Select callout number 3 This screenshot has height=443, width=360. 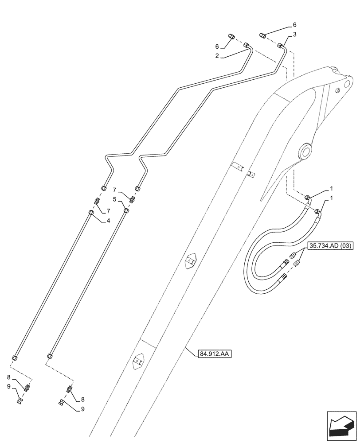click(x=294, y=34)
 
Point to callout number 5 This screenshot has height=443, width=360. click(x=115, y=200)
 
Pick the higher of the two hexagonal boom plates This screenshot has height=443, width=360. click(x=191, y=261)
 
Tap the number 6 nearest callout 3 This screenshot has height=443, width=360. click(x=294, y=25)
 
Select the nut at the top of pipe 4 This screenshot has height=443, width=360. click(x=92, y=213)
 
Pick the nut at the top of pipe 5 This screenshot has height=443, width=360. click(x=126, y=210)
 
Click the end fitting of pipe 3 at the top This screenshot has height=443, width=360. click(x=280, y=45)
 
